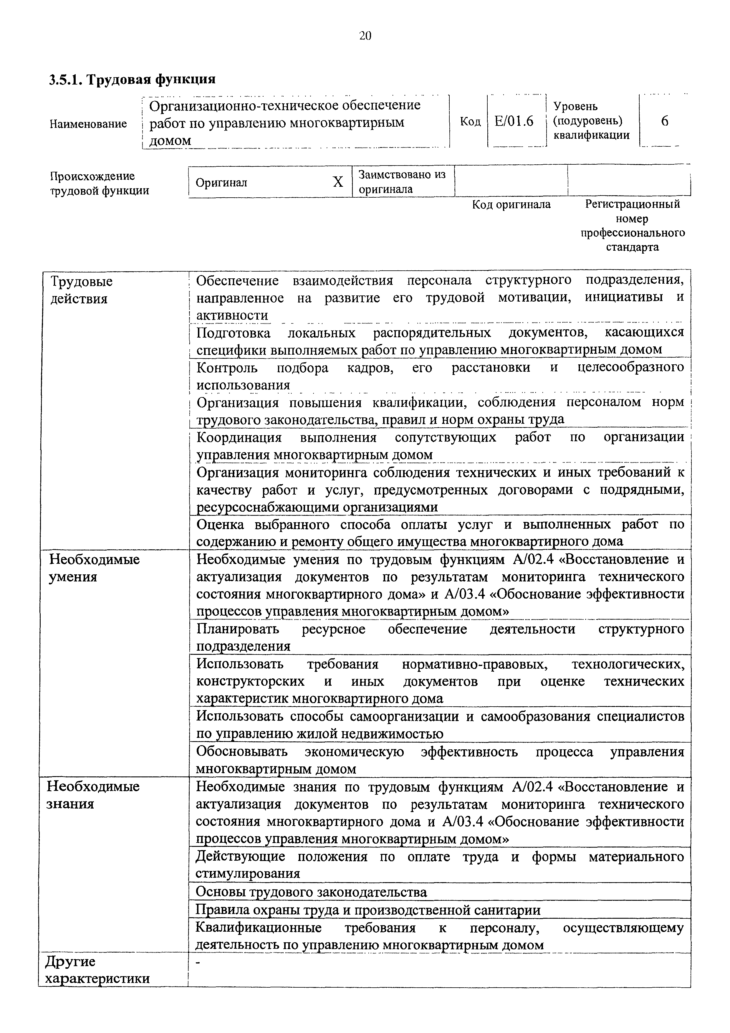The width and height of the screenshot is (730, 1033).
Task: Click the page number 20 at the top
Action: [365, 36]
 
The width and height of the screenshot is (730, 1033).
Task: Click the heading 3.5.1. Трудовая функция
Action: [132, 80]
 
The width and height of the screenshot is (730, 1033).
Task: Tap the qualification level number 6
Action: [664, 121]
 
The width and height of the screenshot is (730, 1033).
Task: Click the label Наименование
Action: [88, 124]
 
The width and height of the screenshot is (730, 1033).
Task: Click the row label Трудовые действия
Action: [81, 290]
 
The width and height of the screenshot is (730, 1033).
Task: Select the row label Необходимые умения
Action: [94, 568]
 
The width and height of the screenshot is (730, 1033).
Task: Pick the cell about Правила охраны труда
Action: [368, 910]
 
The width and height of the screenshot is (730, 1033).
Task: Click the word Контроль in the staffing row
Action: [227, 368]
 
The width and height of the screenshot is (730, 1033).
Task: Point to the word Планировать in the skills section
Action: [238, 629]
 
